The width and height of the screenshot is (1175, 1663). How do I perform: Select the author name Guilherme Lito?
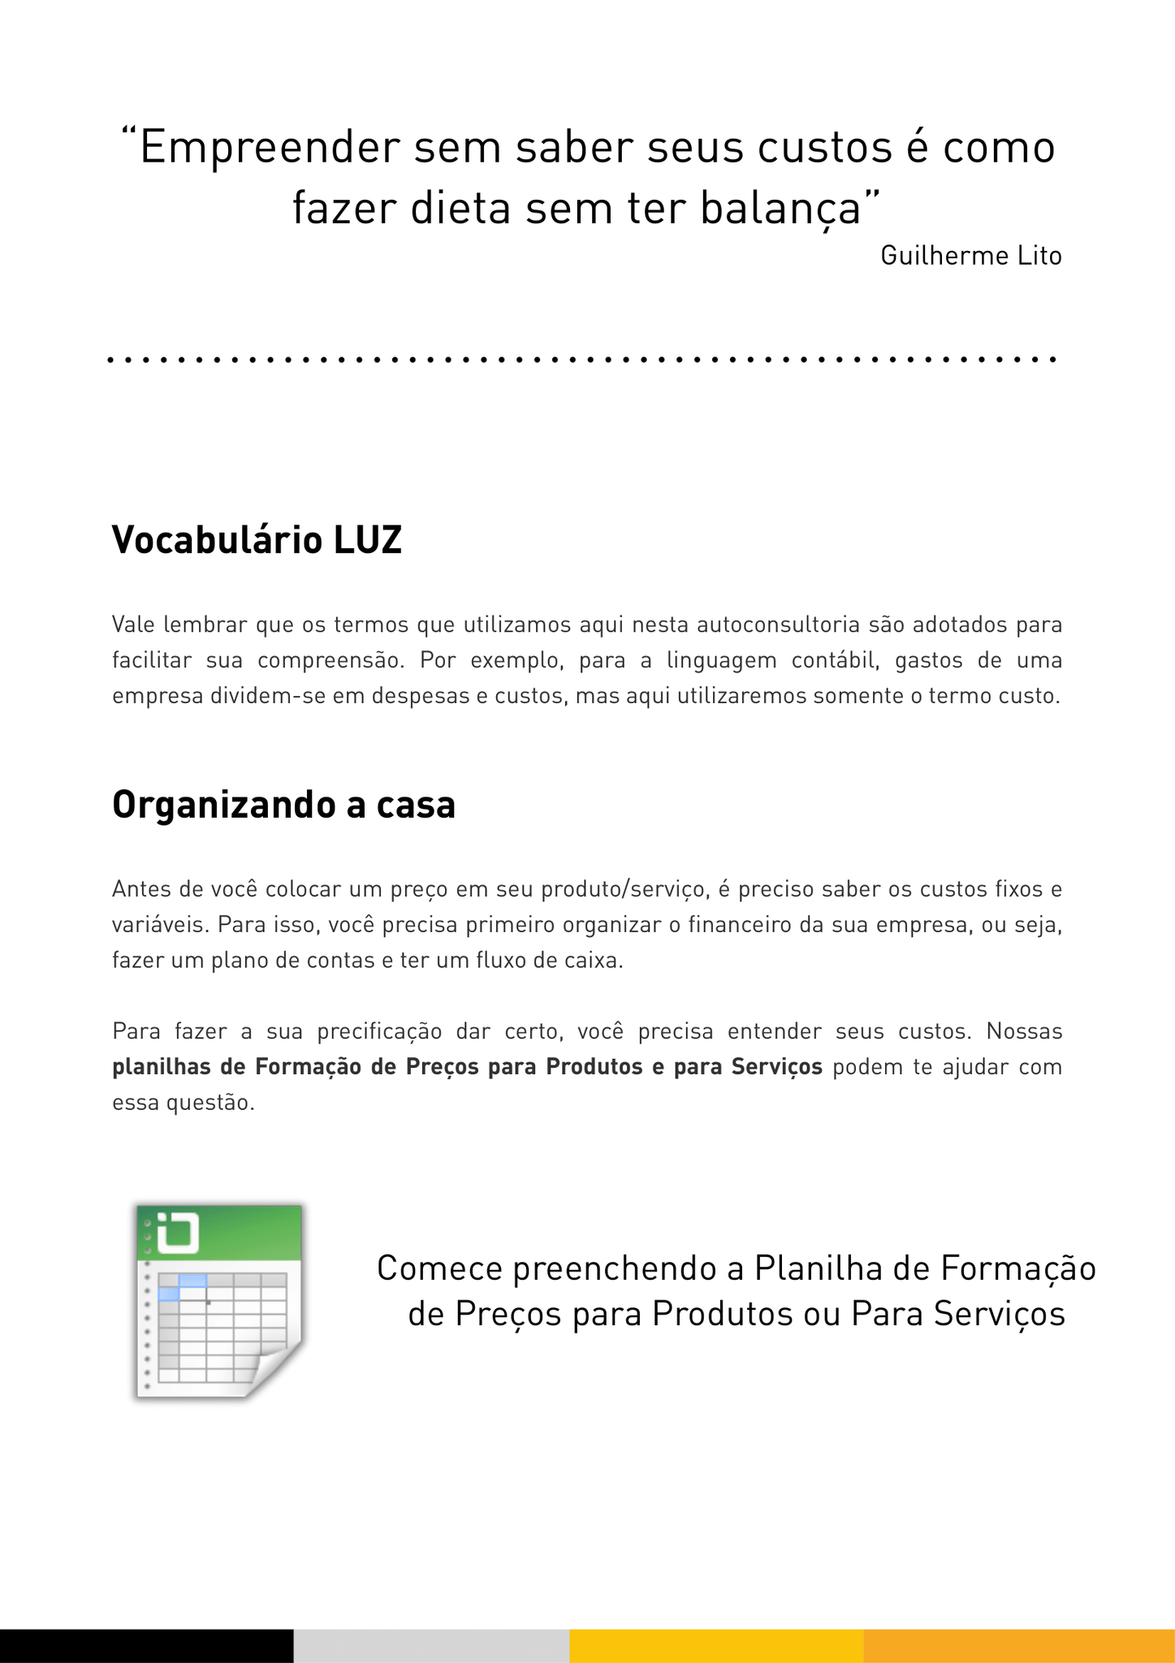(x=970, y=256)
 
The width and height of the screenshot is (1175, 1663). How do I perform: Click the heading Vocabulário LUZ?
(x=257, y=540)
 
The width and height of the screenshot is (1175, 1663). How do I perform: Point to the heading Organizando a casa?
(x=283, y=805)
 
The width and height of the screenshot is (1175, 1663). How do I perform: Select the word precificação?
(x=379, y=1031)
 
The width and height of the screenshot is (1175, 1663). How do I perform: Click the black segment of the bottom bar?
(x=146, y=1645)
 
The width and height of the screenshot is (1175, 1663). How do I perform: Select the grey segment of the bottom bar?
(x=431, y=1645)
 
